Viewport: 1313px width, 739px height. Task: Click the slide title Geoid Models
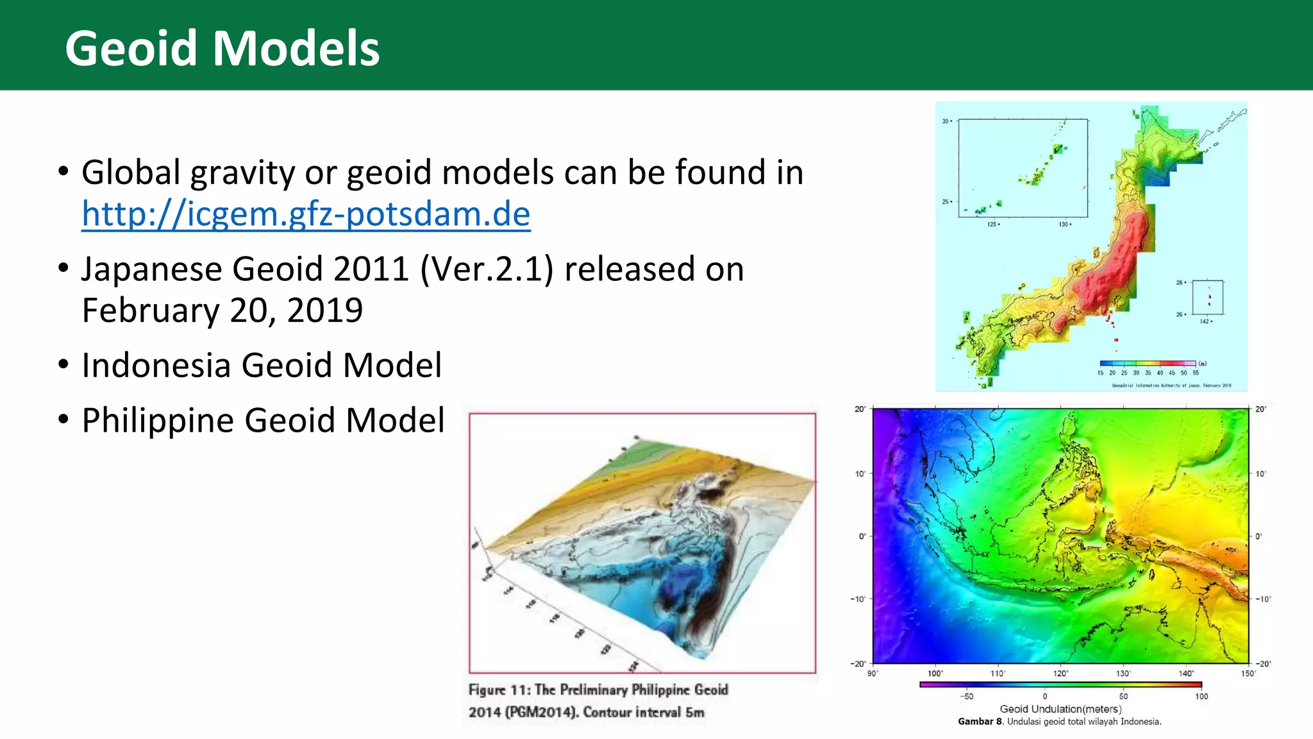[222, 49]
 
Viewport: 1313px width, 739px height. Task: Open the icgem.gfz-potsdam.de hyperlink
[306, 214]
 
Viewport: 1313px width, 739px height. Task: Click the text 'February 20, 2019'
[222, 310]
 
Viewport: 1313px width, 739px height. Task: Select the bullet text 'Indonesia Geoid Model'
[262, 365]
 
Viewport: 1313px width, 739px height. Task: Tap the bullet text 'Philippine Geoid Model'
[263, 420]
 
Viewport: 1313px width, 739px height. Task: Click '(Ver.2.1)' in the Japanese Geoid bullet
[486, 269]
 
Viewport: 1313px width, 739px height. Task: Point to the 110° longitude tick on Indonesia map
[997, 673]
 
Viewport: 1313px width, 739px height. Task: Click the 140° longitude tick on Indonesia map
[1185, 673]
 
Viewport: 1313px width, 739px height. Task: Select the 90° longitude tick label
[873, 673]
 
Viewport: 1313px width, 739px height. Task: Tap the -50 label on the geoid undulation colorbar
[966, 696]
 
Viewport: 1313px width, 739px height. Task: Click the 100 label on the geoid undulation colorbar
[1201, 696]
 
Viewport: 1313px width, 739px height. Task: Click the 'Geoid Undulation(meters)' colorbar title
[1060, 709]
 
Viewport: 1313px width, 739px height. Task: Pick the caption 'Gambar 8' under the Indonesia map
[980, 722]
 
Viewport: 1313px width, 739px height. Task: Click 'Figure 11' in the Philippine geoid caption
[498, 690]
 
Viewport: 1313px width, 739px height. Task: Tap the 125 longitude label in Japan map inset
[992, 225]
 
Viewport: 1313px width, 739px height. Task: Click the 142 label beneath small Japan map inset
[1205, 321]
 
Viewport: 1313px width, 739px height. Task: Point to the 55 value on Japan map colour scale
[1196, 373]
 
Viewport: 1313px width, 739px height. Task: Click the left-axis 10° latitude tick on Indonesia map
[860, 474]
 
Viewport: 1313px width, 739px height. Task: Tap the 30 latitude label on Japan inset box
[946, 121]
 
